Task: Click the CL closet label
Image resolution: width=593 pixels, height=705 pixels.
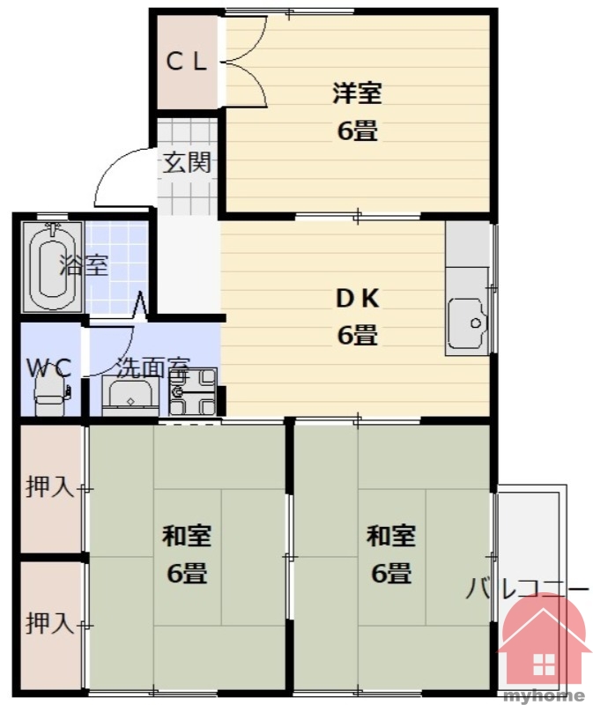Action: pos(187,62)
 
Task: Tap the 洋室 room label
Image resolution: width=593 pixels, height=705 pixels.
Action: pos(358,93)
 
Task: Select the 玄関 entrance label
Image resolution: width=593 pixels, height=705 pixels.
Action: pos(187,162)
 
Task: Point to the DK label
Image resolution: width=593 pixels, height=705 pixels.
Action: pos(358,298)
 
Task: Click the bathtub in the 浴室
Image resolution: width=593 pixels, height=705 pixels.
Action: pos(53,267)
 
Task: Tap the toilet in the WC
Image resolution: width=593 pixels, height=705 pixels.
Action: pos(52,393)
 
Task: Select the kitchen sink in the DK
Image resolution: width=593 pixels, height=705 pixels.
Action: pos(468,323)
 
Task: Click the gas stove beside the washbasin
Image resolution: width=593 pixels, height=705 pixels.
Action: pos(192,392)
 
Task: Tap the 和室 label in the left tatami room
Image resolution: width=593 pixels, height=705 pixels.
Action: pos(187,536)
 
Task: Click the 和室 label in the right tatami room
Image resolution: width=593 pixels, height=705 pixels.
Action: pos(390,536)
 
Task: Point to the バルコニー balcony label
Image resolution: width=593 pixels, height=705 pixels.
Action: pos(527,589)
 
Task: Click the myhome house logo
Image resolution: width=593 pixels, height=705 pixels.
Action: pos(544,643)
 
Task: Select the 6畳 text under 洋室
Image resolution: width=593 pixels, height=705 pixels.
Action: pos(358,130)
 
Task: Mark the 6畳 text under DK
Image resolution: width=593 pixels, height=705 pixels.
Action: pos(358,335)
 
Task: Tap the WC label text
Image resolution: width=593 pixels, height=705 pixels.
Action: pos(49,368)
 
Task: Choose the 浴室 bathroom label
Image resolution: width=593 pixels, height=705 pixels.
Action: pos(85,265)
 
